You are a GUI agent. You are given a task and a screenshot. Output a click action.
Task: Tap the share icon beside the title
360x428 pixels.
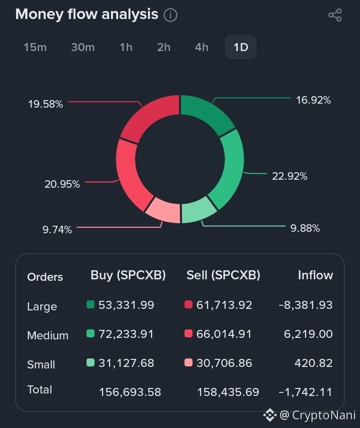coord(335,15)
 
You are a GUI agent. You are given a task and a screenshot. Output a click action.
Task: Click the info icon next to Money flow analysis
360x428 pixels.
coord(170,15)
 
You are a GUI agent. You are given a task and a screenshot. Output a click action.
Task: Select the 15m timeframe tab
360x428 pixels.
coord(35,47)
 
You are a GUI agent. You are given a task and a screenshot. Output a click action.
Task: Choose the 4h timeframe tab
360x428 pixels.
coord(201,47)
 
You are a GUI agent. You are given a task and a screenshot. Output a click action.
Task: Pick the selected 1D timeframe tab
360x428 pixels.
coord(240,47)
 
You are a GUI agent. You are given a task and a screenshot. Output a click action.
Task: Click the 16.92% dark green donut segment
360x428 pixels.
coord(205,113)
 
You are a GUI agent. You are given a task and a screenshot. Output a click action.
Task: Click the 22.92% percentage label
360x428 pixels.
coord(289,176)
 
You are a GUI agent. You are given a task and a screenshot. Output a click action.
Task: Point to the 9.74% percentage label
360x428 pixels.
coord(57,229)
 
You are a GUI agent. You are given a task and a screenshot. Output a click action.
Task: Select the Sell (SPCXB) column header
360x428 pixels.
coord(223,275)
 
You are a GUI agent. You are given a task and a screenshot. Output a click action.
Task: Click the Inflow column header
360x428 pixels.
coord(315,275)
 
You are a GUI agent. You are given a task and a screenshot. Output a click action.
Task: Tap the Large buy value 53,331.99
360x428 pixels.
coord(126,305)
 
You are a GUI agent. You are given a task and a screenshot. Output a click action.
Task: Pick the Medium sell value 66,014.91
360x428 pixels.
coord(224,334)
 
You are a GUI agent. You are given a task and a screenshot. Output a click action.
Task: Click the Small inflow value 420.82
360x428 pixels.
coord(313,363)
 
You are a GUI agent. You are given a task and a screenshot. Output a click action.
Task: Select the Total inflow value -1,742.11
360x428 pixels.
coord(305,392)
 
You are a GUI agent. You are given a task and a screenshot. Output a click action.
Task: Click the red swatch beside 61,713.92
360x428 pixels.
coord(188,304)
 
